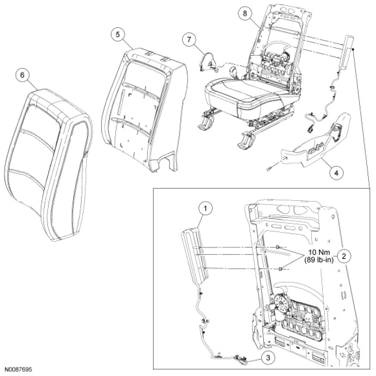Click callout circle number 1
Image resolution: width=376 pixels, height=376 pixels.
click(206, 209)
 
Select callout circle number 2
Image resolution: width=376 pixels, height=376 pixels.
click(344, 256)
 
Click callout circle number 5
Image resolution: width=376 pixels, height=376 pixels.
click(116, 34)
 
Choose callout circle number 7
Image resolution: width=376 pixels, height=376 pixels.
click(189, 39)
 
